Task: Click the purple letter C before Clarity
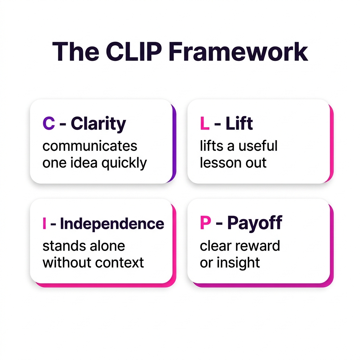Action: (x=49, y=124)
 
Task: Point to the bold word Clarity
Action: (x=98, y=124)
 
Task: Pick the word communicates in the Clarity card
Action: (x=90, y=146)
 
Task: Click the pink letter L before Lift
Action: (x=204, y=124)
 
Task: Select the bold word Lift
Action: (x=239, y=124)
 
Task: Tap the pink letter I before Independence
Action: (x=44, y=224)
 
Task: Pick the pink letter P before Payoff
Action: (x=205, y=223)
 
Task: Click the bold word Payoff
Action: (x=255, y=223)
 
